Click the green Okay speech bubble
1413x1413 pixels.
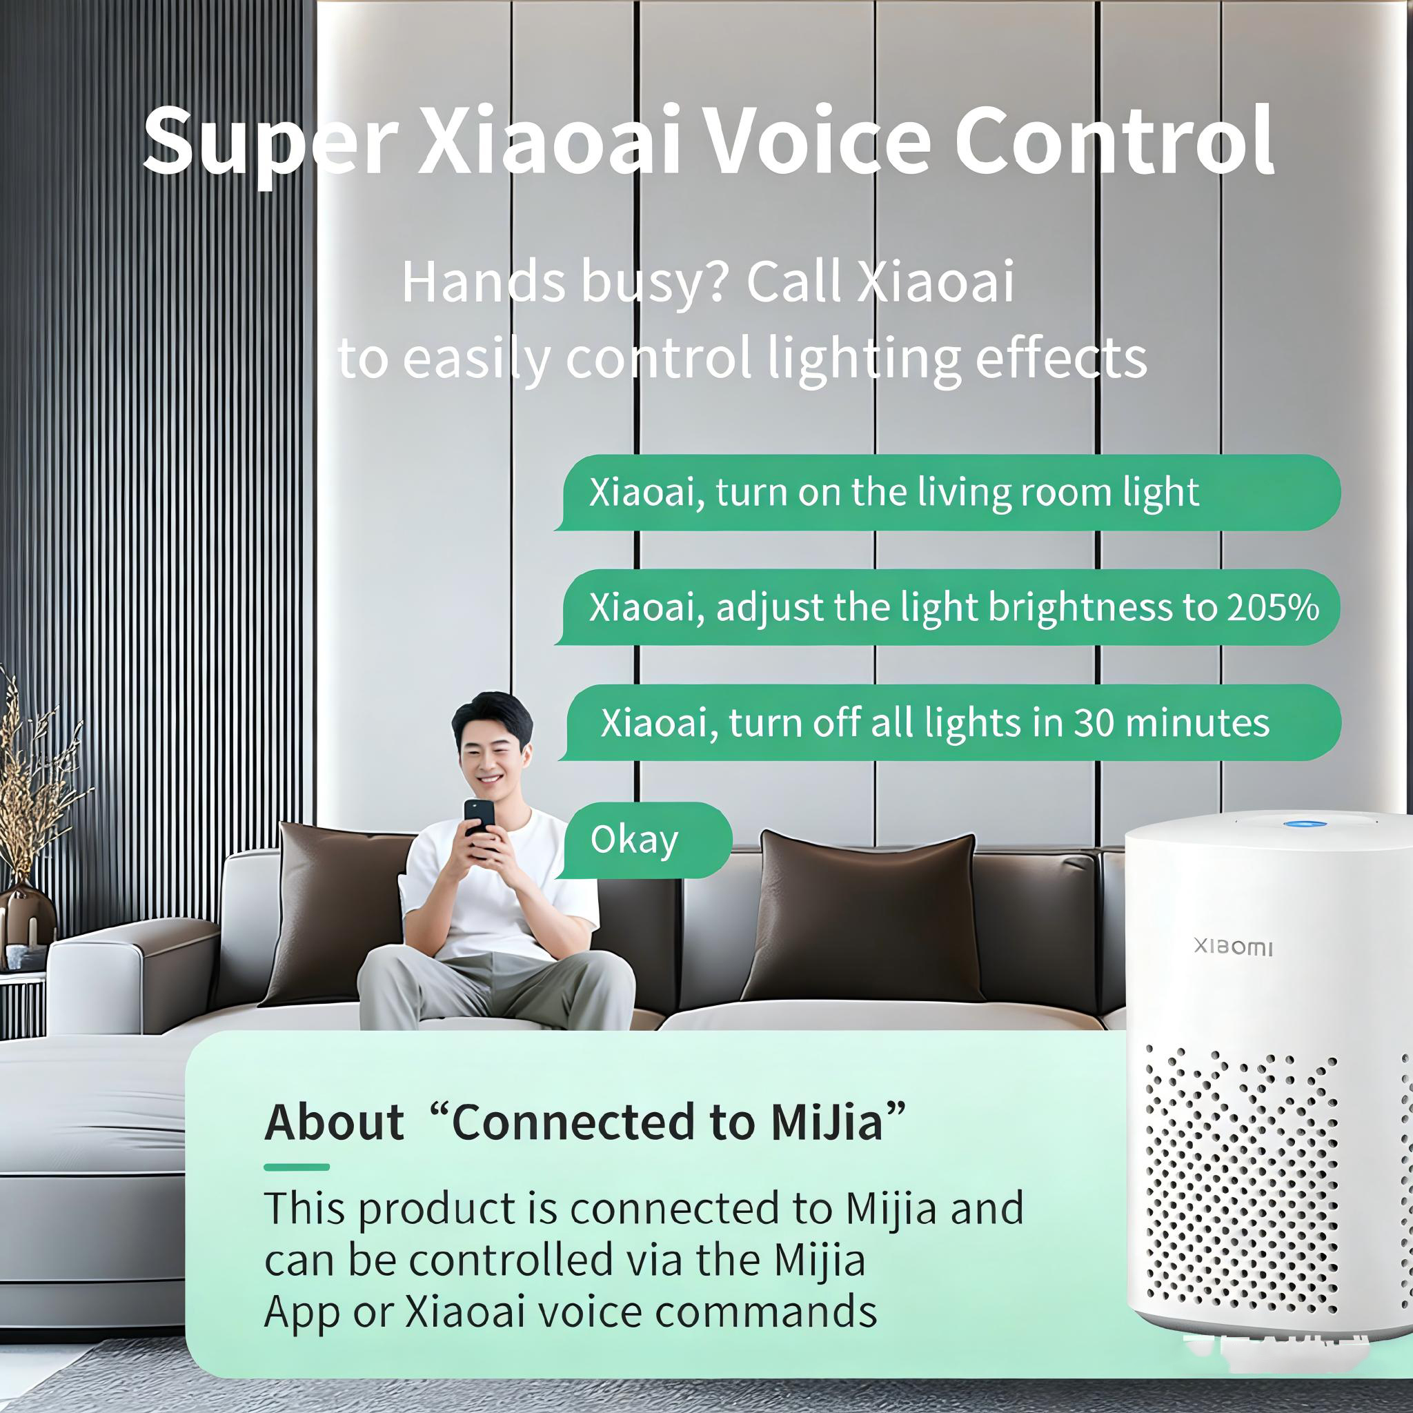644,840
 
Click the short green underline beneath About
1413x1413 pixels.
296,1167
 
